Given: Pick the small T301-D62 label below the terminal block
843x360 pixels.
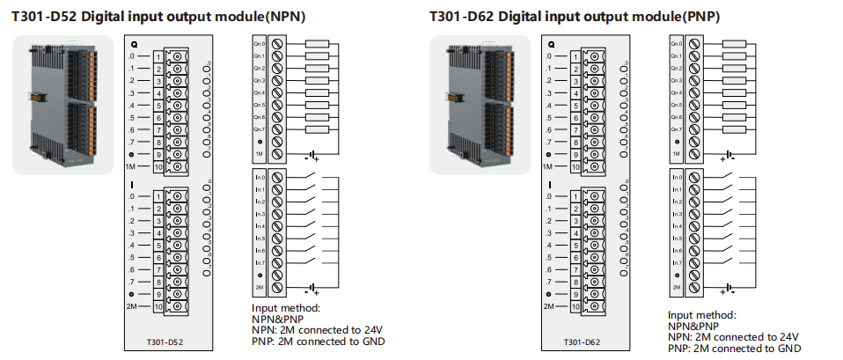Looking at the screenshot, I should (x=582, y=341).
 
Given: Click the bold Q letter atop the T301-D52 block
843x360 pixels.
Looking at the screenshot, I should (x=134, y=43).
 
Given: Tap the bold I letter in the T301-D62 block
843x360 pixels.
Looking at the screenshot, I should (x=551, y=186).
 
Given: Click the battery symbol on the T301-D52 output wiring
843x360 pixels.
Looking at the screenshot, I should (x=311, y=157).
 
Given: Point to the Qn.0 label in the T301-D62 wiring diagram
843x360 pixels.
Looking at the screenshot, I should (x=676, y=43).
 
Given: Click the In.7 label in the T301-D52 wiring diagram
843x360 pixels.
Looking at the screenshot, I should (x=260, y=262).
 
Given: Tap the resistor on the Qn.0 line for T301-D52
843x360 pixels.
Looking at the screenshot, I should (x=316, y=42).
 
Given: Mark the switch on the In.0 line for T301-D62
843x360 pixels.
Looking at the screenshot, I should (x=729, y=177).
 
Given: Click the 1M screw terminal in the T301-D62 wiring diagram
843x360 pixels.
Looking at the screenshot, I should (x=695, y=154).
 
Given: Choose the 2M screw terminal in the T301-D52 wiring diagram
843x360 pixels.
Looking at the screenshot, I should (x=278, y=287).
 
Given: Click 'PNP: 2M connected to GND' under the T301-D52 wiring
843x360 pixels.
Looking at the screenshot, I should (x=319, y=341).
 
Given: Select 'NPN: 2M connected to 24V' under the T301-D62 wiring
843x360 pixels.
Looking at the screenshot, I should (x=733, y=337).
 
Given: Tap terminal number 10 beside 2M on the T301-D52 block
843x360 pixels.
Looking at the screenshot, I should (x=158, y=307).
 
